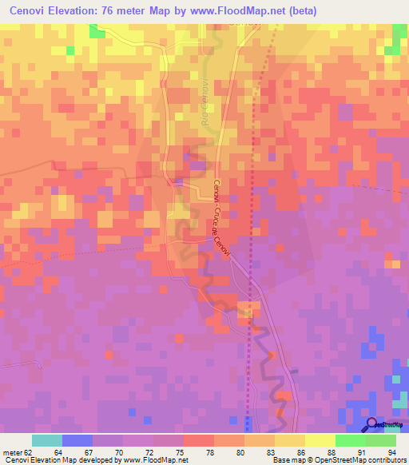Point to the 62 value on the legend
26,451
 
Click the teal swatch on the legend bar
47,440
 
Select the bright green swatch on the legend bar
350,440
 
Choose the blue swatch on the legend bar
77,440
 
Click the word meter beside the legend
10,451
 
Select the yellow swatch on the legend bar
289,440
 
